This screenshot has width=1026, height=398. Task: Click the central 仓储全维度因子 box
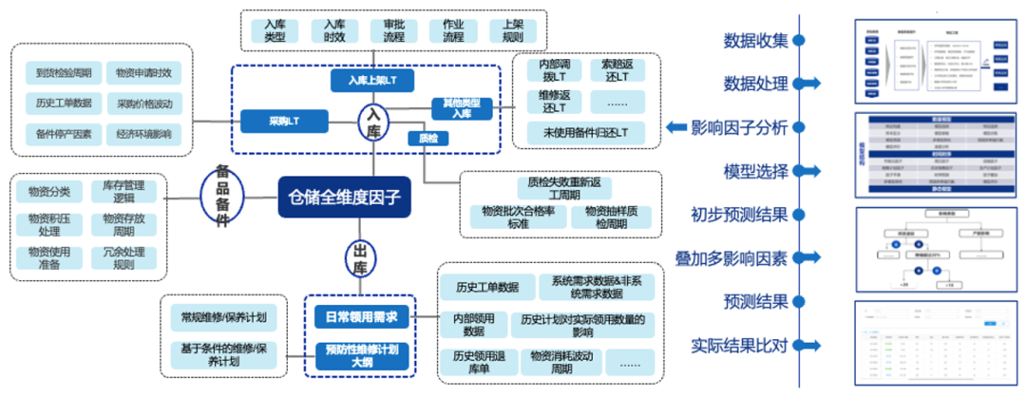345,200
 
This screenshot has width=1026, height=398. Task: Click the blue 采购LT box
283,121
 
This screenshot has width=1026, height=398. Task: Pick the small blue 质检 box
427,139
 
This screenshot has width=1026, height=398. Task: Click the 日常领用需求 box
361,316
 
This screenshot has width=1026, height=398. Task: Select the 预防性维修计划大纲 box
361,355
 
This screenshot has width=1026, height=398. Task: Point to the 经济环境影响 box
144,134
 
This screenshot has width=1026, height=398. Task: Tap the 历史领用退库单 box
471,362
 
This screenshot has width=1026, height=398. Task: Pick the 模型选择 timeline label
756,171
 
